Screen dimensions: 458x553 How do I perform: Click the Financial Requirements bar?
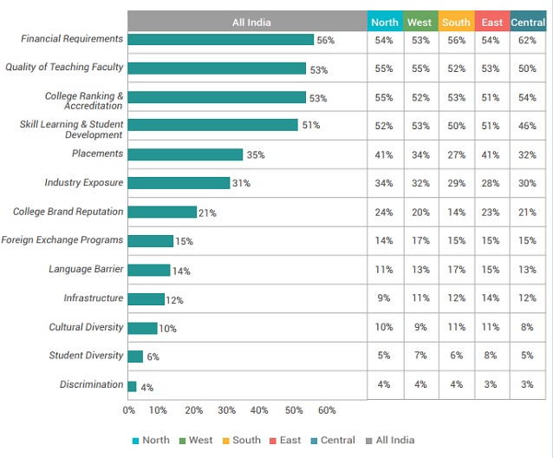pyautogui.click(x=220, y=40)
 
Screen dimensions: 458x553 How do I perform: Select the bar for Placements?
pyautogui.click(x=185, y=154)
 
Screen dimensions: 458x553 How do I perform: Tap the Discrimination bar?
pyautogui.click(x=132, y=386)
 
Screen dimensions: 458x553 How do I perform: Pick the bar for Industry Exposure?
pyautogui.click(x=179, y=183)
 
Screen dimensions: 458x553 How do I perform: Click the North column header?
pyautogui.click(x=385, y=22)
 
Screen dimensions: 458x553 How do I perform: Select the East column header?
pyautogui.click(x=491, y=22)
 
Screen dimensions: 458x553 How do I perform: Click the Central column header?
pyautogui.click(x=528, y=22)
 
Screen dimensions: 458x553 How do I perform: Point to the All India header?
pyautogui.click(x=247, y=22)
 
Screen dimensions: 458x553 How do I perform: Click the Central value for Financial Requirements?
pyautogui.click(x=527, y=41)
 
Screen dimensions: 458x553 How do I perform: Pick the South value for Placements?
pyautogui.click(x=455, y=155)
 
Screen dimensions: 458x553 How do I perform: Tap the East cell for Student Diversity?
pyautogui.click(x=491, y=355)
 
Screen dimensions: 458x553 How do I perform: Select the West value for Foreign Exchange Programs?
pyautogui.click(x=420, y=240)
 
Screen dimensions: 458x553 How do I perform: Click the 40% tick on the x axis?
pyautogui.click(x=258, y=410)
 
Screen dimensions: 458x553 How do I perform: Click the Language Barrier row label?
pyautogui.click(x=86, y=270)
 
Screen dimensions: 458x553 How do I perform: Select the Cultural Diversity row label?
pyautogui.click(x=86, y=328)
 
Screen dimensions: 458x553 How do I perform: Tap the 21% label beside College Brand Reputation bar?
pyautogui.click(x=207, y=213)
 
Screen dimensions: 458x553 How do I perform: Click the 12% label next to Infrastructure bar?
pyautogui.click(x=174, y=300)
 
